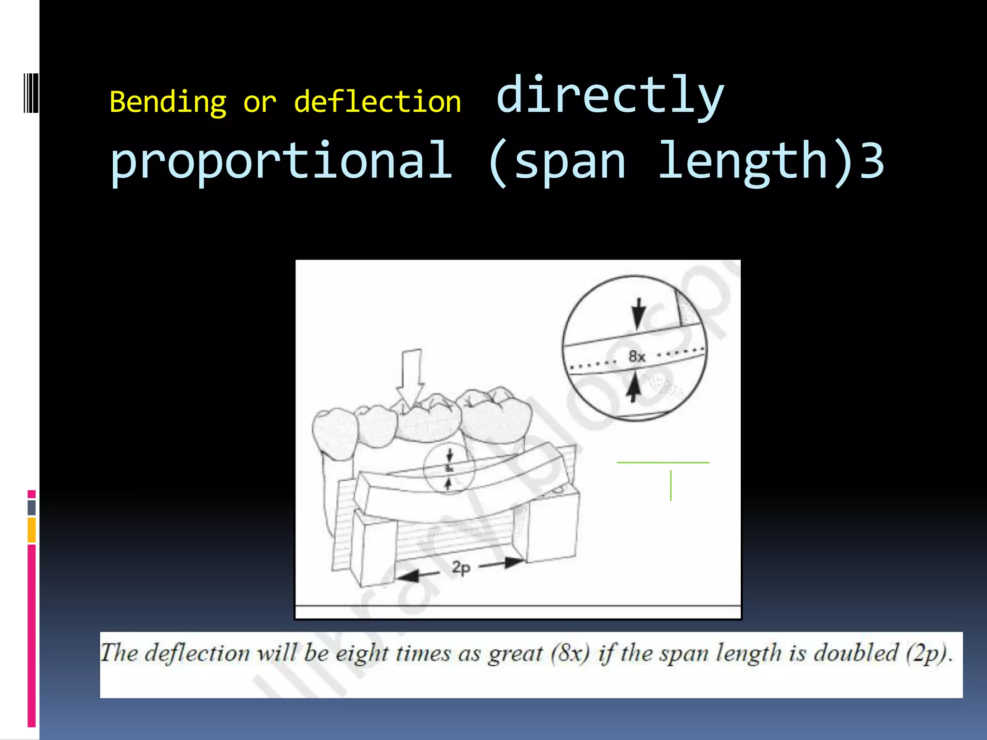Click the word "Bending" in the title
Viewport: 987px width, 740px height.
pyautogui.click(x=168, y=103)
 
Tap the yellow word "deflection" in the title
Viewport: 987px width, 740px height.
pyautogui.click(x=377, y=102)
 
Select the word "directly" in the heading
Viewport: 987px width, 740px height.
pyautogui.click(x=610, y=96)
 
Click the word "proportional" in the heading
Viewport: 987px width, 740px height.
pyautogui.click(x=281, y=161)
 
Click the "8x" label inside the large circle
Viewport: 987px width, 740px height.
pyautogui.click(x=637, y=357)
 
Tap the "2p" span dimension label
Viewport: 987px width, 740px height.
pyautogui.click(x=461, y=568)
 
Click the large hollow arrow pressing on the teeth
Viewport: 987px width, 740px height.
pyautogui.click(x=410, y=381)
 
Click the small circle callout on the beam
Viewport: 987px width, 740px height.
pyautogui.click(x=449, y=468)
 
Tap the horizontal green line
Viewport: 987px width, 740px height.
pyautogui.click(x=663, y=462)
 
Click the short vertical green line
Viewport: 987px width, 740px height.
pyautogui.click(x=670, y=486)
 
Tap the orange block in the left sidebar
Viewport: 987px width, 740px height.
pyautogui.click(x=32, y=530)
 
